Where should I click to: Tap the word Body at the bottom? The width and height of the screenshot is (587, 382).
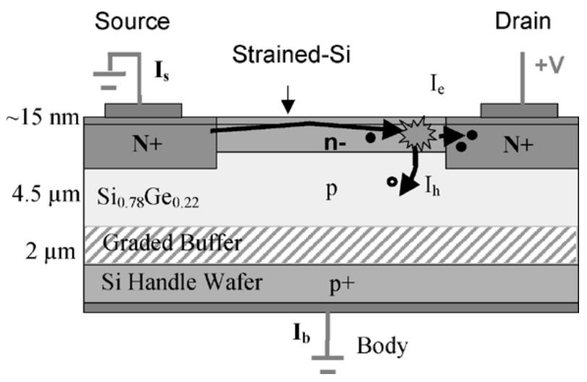[x=381, y=346]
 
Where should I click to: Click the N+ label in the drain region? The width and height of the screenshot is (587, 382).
[x=517, y=144]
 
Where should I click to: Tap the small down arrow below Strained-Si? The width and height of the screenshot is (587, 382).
[x=288, y=105]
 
